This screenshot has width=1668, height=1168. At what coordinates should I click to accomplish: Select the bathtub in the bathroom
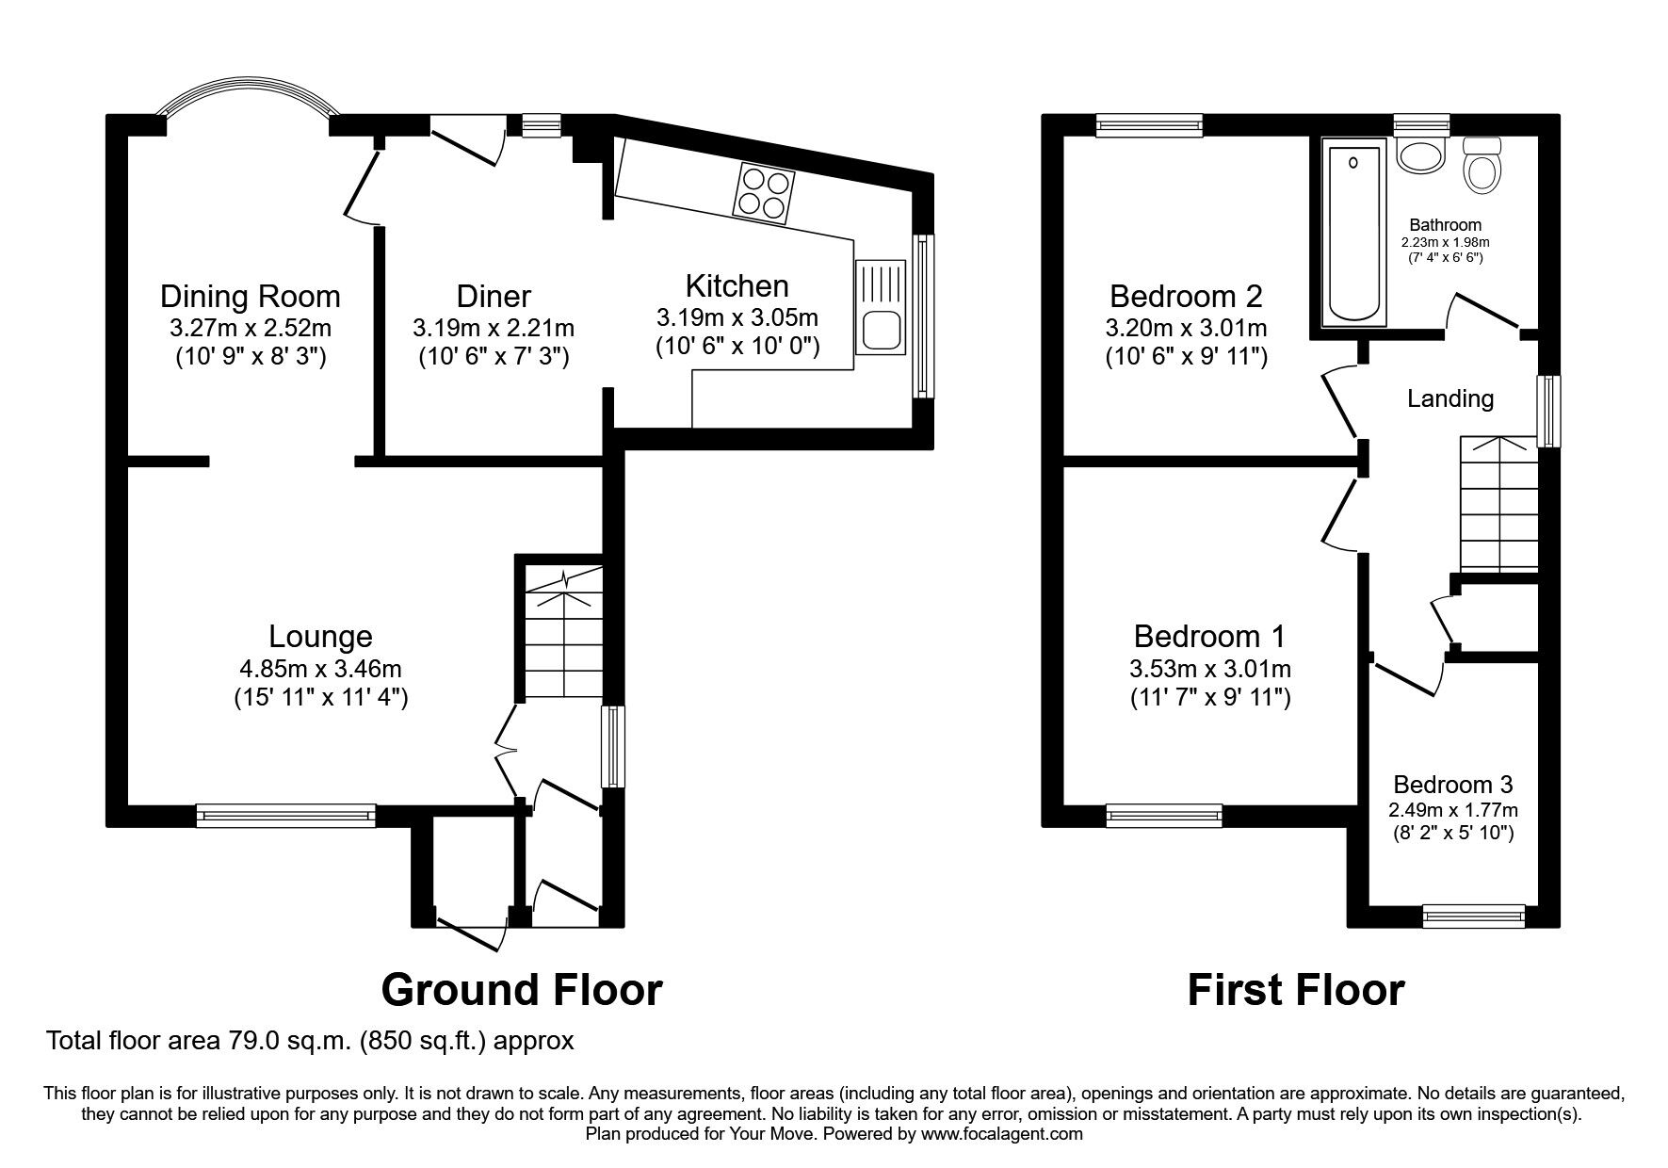click(x=1355, y=230)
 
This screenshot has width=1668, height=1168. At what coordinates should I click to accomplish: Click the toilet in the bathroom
click(x=1482, y=168)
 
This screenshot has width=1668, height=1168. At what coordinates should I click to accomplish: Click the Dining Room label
click(x=250, y=296)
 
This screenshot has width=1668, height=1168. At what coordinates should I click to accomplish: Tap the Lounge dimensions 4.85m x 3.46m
click(x=320, y=669)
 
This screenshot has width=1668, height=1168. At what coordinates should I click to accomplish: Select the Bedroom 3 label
click(x=1452, y=784)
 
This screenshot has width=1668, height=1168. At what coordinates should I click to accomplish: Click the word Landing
click(x=1449, y=398)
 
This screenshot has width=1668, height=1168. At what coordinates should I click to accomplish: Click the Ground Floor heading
click(x=521, y=990)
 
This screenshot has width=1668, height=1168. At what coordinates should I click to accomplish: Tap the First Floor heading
click(x=1295, y=990)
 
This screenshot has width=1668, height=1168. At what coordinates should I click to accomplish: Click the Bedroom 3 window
click(x=1473, y=915)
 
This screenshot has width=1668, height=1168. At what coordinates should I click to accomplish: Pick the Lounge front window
click(x=285, y=815)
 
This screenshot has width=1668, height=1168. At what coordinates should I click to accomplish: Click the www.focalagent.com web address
click(x=1001, y=1134)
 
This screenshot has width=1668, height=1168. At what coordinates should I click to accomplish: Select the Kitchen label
click(x=737, y=285)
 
